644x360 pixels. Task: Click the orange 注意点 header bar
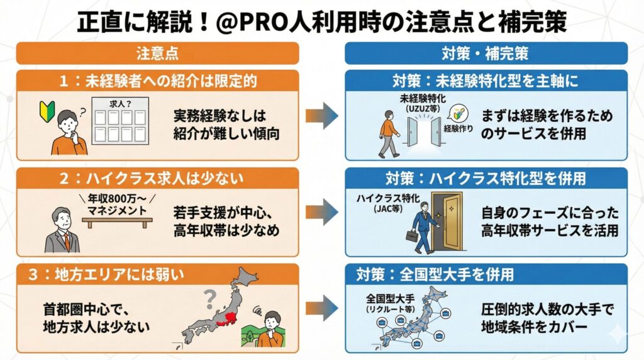coord(157,53)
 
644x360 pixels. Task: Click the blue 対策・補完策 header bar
coord(486,53)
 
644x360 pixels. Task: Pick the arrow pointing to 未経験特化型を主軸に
coord(321,117)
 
